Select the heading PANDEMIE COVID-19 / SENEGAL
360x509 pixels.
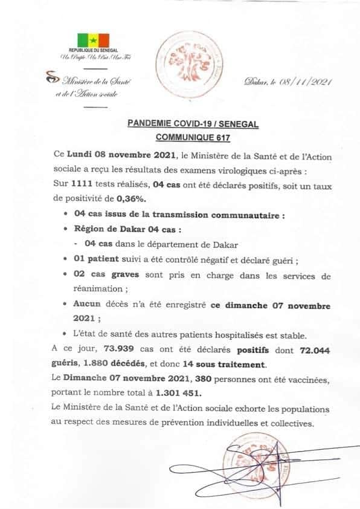pos(193,123)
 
